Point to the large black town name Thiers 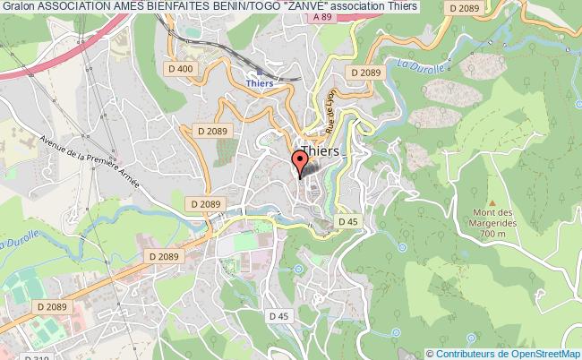(x=321, y=151)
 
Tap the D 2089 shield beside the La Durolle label (x=366, y=73)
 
